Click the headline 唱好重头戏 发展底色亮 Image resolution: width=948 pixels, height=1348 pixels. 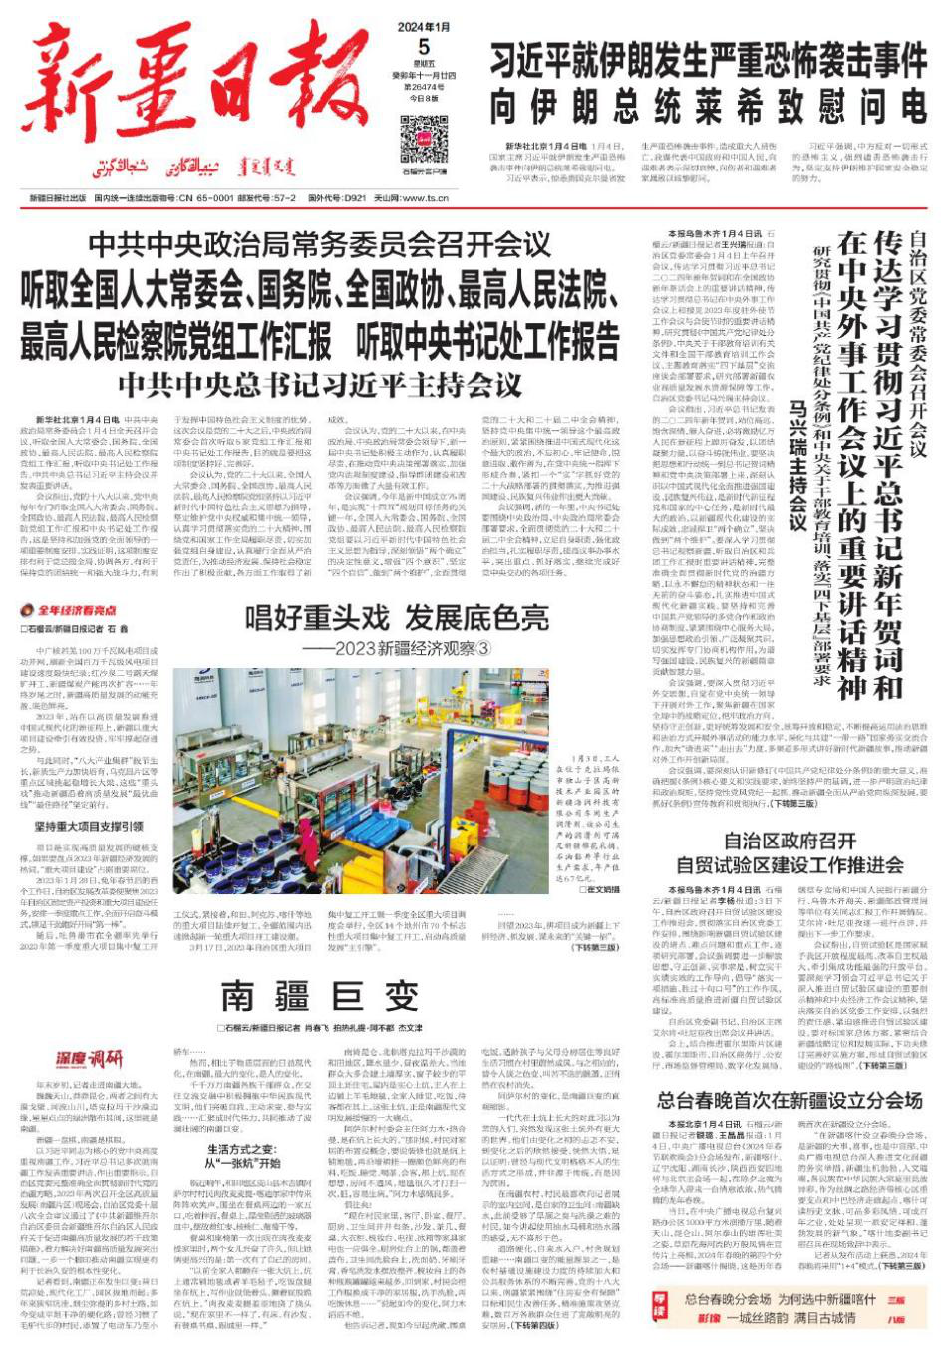pos(398,618)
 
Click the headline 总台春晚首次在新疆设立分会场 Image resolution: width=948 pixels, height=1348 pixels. pos(790,1101)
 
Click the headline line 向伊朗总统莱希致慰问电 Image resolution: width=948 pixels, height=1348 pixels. pos(709,104)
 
